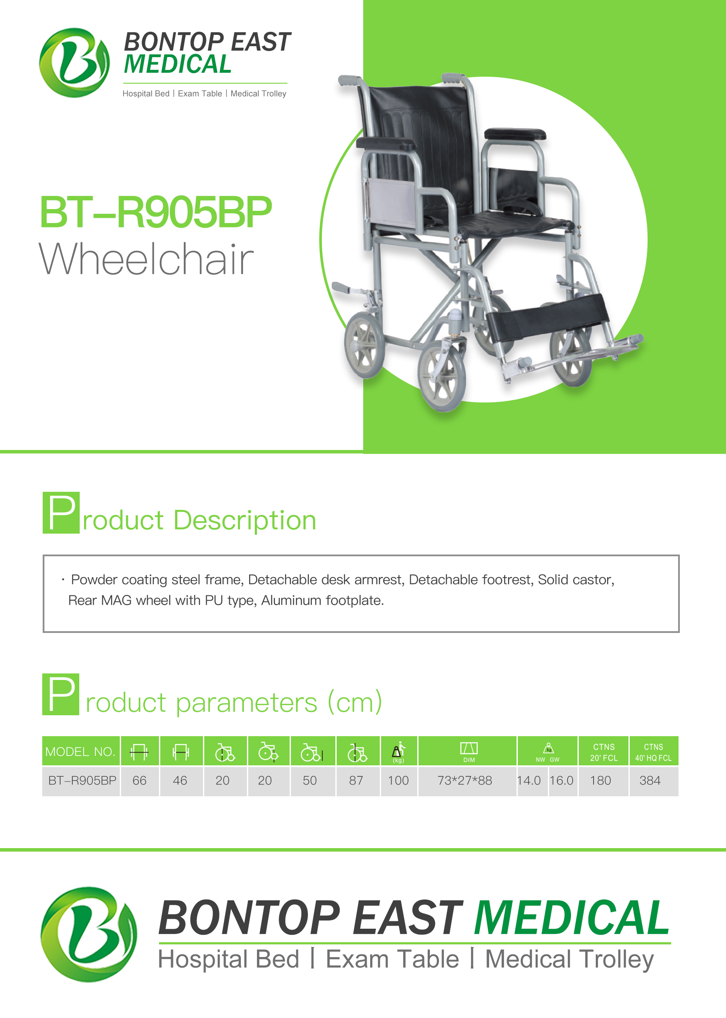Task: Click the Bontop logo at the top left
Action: (x=74, y=63)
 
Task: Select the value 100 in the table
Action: (x=398, y=780)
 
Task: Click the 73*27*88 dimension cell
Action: (x=465, y=780)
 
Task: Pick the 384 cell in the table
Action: (x=649, y=780)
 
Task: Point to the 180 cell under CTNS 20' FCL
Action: (x=601, y=780)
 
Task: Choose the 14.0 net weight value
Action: (x=529, y=780)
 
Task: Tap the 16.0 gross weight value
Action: (x=561, y=780)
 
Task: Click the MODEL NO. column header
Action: (x=81, y=751)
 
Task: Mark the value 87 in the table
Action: (x=356, y=780)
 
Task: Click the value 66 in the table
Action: (x=139, y=780)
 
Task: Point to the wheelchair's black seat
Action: (x=514, y=222)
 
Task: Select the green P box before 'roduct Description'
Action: (x=61, y=512)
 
